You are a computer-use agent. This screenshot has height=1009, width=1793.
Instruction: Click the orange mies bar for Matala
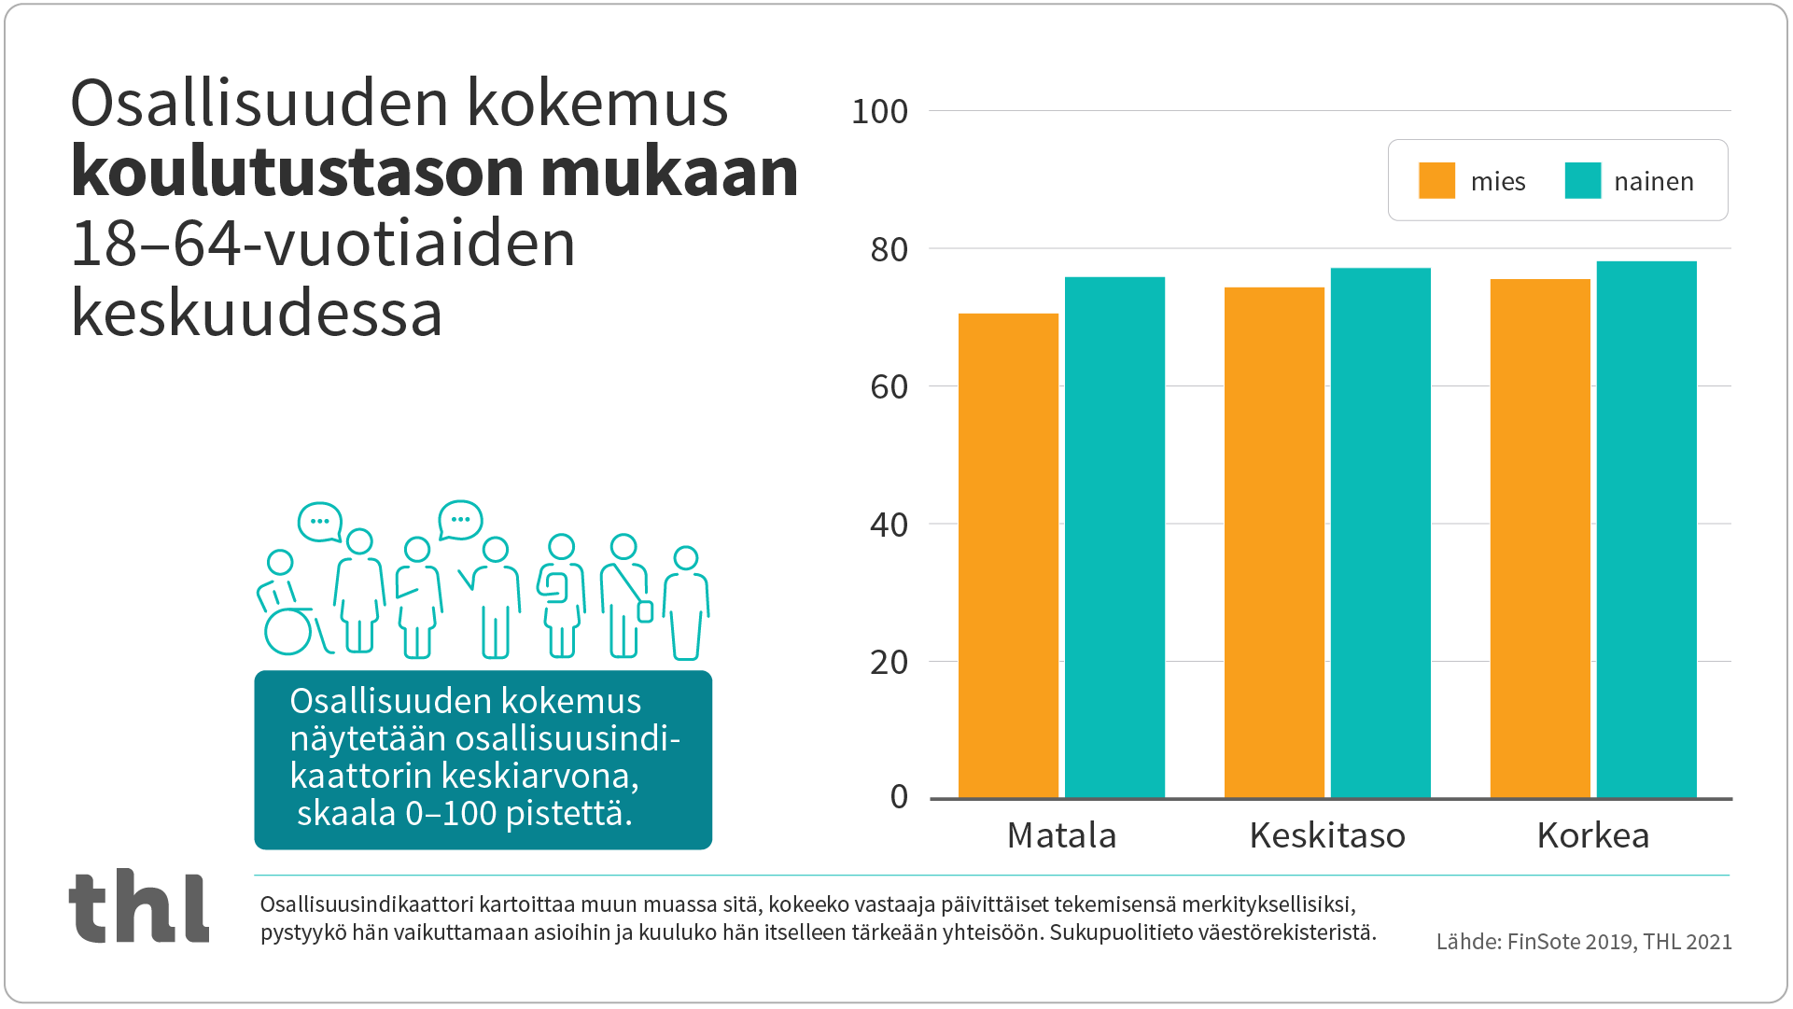point(1008,556)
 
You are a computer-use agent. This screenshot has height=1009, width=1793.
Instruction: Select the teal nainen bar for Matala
point(1114,538)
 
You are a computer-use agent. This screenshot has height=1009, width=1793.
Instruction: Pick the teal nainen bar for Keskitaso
point(1380,533)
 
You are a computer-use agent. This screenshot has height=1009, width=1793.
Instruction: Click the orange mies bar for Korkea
point(1540,539)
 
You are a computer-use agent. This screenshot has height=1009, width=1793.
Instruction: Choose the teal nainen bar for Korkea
point(1646,530)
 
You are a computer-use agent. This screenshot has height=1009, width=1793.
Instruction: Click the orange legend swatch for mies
point(1436,181)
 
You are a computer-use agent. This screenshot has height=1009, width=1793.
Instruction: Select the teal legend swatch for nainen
point(1583,181)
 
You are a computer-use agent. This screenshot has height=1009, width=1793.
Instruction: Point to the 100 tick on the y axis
point(879,112)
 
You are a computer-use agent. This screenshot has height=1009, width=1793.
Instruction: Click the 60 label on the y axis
point(889,387)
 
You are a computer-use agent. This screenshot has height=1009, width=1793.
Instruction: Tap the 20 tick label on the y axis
point(889,663)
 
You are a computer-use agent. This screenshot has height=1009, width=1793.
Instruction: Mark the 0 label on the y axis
point(899,797)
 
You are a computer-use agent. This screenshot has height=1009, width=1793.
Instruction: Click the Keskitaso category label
point(1327,835)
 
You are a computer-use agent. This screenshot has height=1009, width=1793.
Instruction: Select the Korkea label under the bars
point(1593,835)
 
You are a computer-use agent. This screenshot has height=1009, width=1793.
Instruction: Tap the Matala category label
point(1061,835)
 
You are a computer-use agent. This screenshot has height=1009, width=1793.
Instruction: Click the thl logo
point(139,906)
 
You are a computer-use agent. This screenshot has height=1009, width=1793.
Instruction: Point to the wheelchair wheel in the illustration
point(287,632)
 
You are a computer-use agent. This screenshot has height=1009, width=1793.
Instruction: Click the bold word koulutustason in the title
point(299,173)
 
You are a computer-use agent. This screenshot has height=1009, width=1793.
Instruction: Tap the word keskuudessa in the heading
point(257,314)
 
